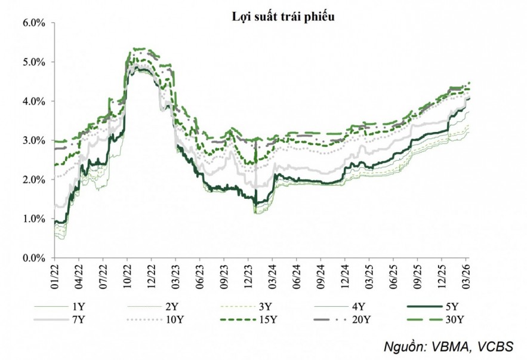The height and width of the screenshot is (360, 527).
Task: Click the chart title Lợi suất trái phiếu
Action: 283,17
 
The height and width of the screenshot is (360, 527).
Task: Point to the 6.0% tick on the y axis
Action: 34,23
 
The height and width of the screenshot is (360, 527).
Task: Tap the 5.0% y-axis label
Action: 34,62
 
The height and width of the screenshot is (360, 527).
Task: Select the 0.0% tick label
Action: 34,258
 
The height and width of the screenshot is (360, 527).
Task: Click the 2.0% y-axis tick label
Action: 34,180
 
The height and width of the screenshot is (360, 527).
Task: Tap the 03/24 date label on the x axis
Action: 272,274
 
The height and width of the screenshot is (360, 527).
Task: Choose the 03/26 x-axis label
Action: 466,274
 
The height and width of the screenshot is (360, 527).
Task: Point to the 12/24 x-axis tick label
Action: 345,274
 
